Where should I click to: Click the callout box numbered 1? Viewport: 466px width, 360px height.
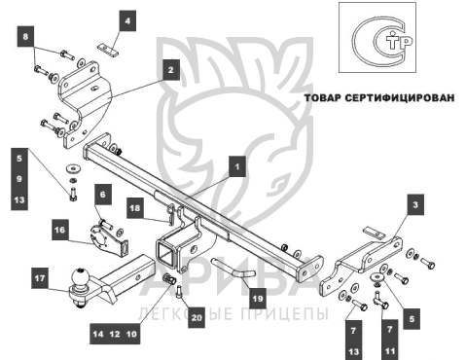pyautogui.click(x=236, y=166)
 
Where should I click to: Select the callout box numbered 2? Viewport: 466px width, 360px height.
pyautogui.click(x=170, y=70)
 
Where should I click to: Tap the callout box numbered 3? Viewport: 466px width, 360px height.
pyautogui.click(x=415, y=204)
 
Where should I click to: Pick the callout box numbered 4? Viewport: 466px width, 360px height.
pyautogui.click(x=127, y=20)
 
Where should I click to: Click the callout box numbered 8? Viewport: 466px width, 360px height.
pyautogui.click(x=25, y=36)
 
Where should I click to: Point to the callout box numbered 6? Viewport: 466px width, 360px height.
pyautogui.click(x=103, y=195)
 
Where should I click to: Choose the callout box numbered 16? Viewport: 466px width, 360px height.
pyautogui.click(x=60, y=230)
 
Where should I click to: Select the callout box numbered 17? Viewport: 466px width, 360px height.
pyautogui.click(x=40, y=278)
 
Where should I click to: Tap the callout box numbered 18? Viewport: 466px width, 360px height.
pyautogui.click(x=135, y=208)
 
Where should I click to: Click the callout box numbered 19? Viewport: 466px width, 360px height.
pyautogui.click(x=258, y=298)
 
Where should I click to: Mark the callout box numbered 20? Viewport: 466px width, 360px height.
pyautogui.click(x=197, y=317)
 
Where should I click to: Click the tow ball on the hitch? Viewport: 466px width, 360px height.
pyautogui.click(x=80, y=277)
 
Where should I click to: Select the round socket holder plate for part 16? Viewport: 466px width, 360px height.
pyautogui.click(x=100, y=237)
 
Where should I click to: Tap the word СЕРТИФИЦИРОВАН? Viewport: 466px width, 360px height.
pyautogui.click(x=400, y=97)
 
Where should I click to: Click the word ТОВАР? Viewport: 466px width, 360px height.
pyautogui.click(x=323, y=97)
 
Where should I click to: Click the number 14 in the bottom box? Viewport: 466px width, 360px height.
pyautogui.click(x=97, y=334)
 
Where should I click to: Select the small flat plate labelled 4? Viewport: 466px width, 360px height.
pyautogui.click(x=108, y=50)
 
